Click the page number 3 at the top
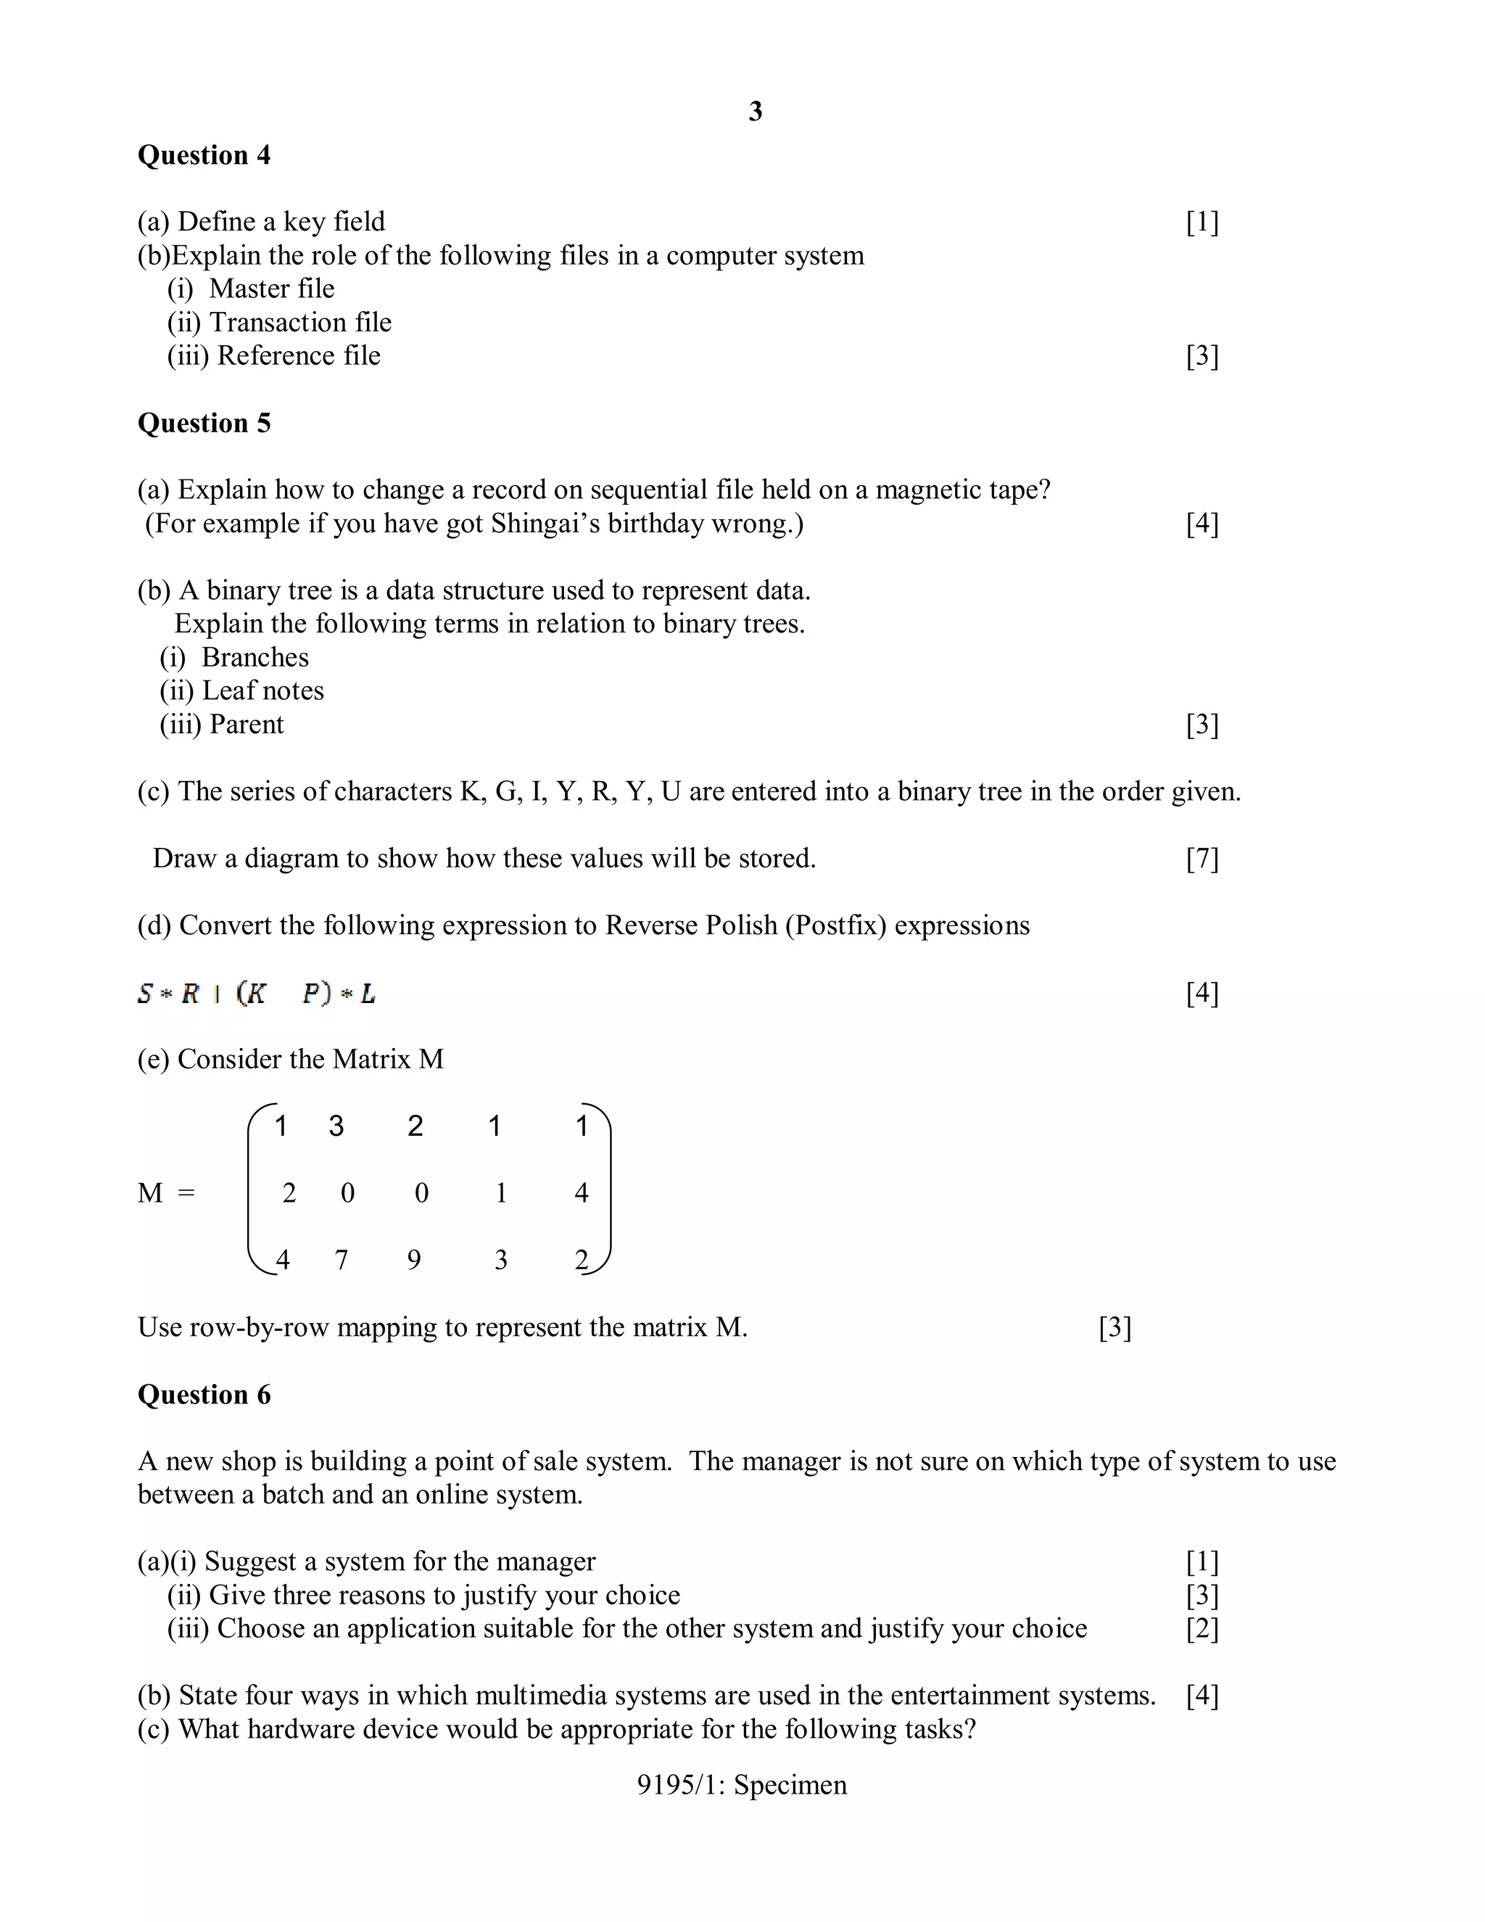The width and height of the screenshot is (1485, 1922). coord(755,111)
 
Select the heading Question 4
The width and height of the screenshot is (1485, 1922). coord(204,155)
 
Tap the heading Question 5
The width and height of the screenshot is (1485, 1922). coord(204,424)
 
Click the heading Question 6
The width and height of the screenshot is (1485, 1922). coord(204,1395)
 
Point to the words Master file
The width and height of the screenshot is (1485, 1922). coord(271,289)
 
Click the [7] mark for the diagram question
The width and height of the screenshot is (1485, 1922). coord(1201,858)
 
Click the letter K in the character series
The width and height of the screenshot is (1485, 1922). coord(470,791)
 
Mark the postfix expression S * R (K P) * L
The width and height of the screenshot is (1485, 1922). coord(256,994)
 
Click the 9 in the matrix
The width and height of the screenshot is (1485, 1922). coord(413,1261)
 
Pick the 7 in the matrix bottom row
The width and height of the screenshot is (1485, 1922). coord(342,1261)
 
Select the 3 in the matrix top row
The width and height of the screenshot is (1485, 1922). coord(336,1126)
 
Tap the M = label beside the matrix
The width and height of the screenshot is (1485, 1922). coord(165,1193)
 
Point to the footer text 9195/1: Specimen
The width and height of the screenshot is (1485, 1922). coord(742,1785)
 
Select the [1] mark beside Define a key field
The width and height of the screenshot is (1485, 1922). coord(1201,222)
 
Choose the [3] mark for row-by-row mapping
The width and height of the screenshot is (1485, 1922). coord(1114,1327)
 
